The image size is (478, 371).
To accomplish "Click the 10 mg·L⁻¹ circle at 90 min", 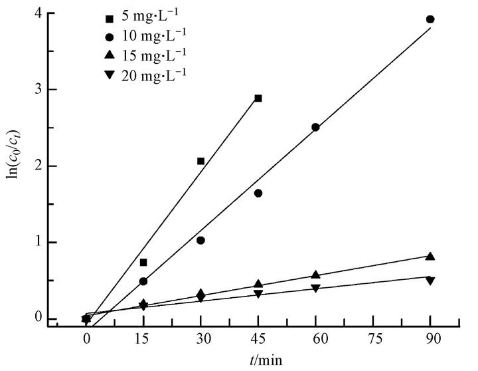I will pyautogui.click(x=430, y=19).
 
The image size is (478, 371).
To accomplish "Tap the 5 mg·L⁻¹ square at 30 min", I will pyautogui.click(x=200, y=161).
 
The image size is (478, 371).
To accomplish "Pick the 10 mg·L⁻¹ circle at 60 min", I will pyautogui.click(x=315, y=127).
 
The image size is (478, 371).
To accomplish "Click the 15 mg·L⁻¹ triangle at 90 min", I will pyautogui.click(x=430, y=257).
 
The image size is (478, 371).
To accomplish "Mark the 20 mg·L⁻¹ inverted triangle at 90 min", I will pyautogui.click(x=430, y=281).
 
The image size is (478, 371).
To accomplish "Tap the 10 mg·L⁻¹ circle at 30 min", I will pyautogui.click(x=200, y=241).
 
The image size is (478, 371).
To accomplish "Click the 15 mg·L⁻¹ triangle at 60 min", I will pyautogui.click(x=315, y=275).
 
